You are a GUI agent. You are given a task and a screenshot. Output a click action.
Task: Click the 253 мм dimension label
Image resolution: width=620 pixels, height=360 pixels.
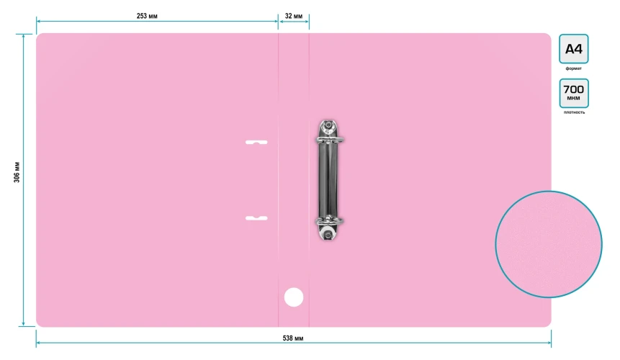[x=147, y=17]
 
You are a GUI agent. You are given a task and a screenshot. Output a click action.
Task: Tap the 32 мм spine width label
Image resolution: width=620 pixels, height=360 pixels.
[x=294, y=17]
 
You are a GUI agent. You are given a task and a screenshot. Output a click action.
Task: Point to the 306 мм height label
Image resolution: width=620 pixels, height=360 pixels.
[x=17, y=172]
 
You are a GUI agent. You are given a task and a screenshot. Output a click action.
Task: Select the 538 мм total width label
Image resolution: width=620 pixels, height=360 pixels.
[x=293, y=338]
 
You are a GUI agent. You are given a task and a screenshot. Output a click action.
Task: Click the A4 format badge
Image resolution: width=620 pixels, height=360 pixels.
[x=574, y=49]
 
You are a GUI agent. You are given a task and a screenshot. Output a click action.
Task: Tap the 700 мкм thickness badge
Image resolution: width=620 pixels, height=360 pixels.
[x=574, y=94]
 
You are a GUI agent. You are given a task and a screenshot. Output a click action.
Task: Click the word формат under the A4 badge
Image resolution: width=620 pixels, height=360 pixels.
[x=574, y=68]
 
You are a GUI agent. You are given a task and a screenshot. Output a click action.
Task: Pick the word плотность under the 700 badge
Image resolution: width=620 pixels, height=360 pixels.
[x=574, y=112]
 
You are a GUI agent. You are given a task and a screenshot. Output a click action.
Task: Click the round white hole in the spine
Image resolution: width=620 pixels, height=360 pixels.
[x=294, y=297]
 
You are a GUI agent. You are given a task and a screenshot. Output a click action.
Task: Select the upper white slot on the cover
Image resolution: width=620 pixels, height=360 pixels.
[x=256, y=143]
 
